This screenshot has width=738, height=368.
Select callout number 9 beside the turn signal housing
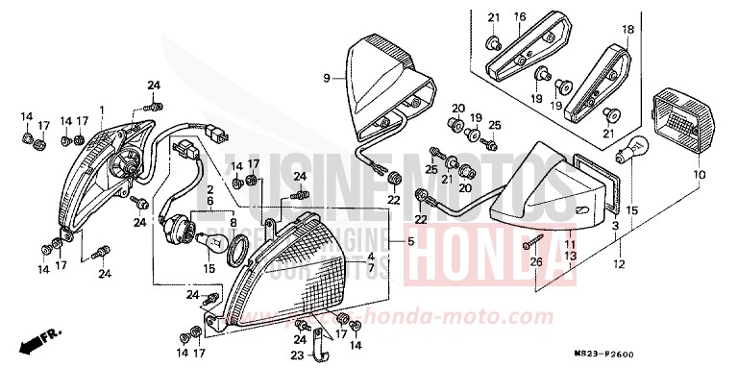click(326, 77)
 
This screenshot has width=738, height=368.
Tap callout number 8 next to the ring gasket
click(234, 222)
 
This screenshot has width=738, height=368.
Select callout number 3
click(616, 223)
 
